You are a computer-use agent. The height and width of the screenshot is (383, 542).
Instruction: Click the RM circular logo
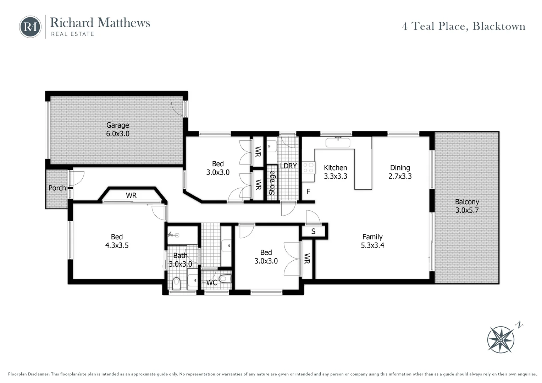(30, 27)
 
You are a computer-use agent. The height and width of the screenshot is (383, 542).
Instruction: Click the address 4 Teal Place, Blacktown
(464, 26)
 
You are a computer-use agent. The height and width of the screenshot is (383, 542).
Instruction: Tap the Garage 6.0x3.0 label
(118, 129)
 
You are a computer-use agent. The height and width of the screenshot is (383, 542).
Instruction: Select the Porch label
(57, 188)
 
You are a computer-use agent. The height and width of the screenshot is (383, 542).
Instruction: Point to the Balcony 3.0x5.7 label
(467, 206)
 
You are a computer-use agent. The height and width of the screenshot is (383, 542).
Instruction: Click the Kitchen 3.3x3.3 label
(335, 172)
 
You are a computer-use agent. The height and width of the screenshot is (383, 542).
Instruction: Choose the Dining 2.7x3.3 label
(400, 172)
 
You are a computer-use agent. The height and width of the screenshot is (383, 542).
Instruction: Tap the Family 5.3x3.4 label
(372, 241)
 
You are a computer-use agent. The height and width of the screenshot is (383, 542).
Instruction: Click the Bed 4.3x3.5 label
(117, 241)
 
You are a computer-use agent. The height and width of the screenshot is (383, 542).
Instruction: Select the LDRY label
(288, 166)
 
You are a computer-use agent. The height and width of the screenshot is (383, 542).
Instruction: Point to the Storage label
(272, 183)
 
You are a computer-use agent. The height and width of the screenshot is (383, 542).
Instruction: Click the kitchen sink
(338, 143)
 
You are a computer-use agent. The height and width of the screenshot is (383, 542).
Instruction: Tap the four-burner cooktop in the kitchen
(308, 168)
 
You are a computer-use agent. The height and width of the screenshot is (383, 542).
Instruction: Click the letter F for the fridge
(308, 191)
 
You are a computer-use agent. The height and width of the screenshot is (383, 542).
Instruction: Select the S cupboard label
(313, 232)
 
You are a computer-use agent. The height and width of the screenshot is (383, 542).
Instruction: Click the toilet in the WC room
(225, 279)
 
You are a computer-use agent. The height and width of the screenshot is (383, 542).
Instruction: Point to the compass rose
(500, 340)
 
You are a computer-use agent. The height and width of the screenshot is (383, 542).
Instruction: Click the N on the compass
(519, 325)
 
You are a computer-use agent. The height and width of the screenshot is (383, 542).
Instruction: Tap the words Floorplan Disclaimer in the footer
(28, 374)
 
